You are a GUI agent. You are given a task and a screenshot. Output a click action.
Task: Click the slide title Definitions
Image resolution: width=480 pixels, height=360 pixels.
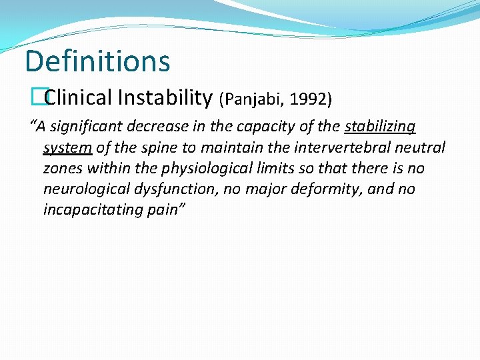(97, 61)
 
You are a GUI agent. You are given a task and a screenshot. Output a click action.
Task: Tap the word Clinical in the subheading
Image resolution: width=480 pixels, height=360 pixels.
(79, 98)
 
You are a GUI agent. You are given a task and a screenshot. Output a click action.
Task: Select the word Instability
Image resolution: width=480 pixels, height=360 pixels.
(165, 98)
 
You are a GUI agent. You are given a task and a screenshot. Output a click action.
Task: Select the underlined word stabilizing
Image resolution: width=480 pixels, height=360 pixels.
(380, 127)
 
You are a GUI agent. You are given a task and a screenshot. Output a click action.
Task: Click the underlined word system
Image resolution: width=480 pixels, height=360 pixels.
(67, 147)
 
